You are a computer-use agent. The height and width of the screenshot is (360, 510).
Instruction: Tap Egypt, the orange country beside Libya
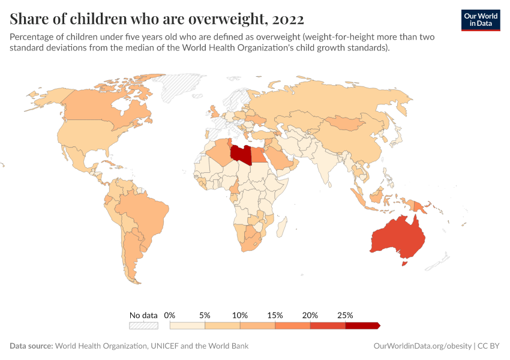click(x=259, y=155)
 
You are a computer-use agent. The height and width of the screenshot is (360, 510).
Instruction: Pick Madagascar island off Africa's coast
click(x=280, y=226)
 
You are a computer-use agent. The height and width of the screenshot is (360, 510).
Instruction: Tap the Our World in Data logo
click(x=481, y=19)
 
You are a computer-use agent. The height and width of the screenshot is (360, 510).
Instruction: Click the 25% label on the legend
click(x=346, y=315)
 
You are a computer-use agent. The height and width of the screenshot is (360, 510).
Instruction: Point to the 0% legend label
click(x=170, y=315)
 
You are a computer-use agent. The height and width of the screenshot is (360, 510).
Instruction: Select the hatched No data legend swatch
click(x=143, y=325)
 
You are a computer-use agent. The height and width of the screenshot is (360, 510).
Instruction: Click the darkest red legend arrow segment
click(x=362, y=325)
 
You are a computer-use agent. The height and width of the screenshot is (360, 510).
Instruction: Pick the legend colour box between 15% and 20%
click(x=293, y=325)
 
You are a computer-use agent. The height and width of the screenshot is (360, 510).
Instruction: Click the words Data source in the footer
click(x=31, y=346)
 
